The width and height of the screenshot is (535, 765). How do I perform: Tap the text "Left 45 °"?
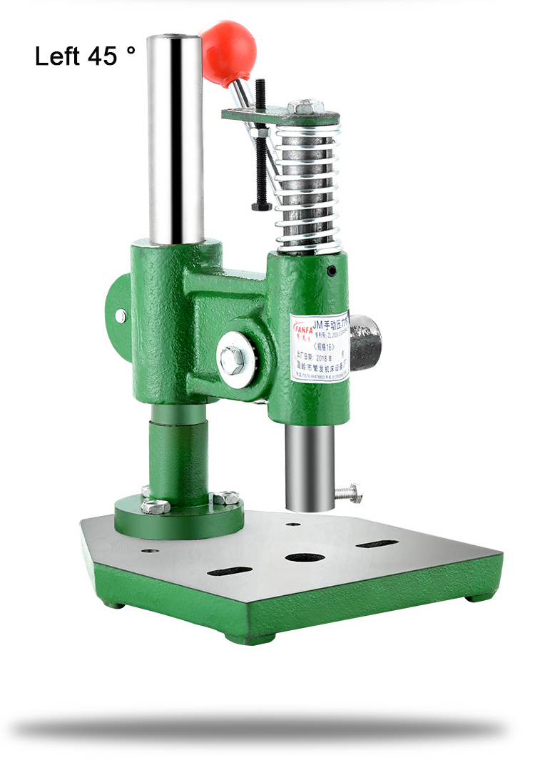84,56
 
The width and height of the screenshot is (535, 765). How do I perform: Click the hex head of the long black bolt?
261,206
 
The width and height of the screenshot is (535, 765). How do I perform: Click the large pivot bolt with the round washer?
234,360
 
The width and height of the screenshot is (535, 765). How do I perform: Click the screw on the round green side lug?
121,315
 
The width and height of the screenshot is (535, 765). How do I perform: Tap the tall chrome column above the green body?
175,136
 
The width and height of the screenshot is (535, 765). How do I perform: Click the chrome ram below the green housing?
310,467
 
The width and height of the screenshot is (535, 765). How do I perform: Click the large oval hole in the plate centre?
305,557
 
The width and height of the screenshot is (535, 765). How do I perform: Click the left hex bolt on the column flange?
155,506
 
